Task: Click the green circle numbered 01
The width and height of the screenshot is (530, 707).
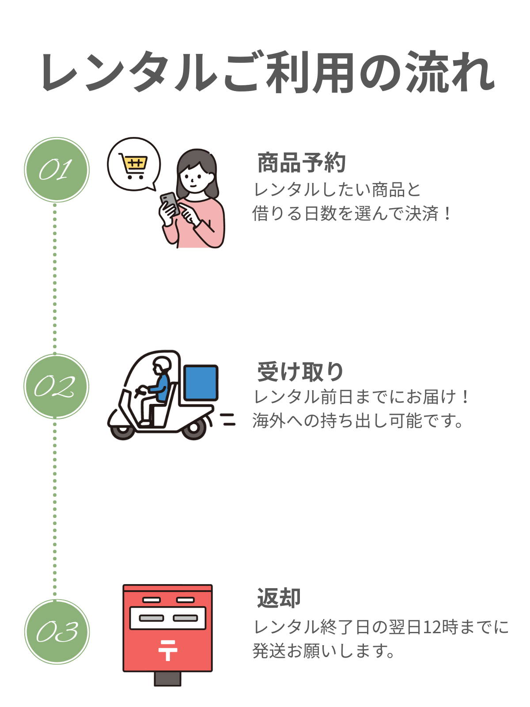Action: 57,170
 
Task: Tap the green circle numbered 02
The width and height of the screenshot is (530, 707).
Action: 57,387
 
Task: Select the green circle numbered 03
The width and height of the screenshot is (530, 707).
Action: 57,632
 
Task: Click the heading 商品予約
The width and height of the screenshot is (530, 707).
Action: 302,163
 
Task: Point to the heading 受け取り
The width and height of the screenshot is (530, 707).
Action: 300,372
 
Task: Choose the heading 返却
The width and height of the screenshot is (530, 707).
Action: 279,598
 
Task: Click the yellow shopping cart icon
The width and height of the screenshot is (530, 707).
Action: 133,166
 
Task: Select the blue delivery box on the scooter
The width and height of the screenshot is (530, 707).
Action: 201,383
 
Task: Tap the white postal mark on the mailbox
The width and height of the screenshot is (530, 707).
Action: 168,650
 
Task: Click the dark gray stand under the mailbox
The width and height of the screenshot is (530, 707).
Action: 167,679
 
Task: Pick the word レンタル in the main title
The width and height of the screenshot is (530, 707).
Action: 128,73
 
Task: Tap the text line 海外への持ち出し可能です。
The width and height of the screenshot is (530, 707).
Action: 358,421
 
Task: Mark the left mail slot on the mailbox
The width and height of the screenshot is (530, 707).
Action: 151,618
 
